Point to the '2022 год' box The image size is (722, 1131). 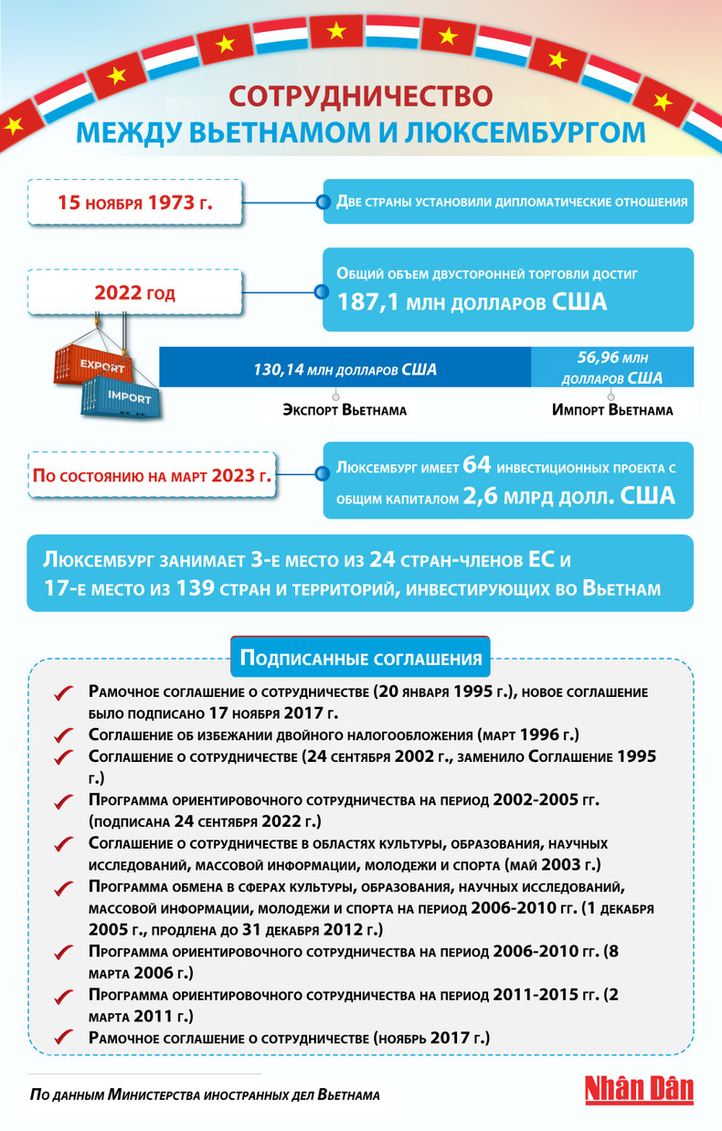[x=134, y=294]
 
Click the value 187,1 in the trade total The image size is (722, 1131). [x=371, y=302]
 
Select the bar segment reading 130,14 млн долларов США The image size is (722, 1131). [x=345, y=370]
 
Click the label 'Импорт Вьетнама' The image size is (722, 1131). [x=612, y=410]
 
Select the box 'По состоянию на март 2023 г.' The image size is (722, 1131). [x=153, y=476]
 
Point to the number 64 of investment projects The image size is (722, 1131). [x=478, y=466]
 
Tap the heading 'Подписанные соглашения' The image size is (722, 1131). [x=360, y=658]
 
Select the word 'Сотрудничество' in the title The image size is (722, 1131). [x=360, y=97]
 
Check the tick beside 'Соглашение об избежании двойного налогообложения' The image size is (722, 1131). [x=63, y=735]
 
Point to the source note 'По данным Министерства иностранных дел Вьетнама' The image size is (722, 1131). [x=205, y=1093]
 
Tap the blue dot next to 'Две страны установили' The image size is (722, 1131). [x=322, y=202]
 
